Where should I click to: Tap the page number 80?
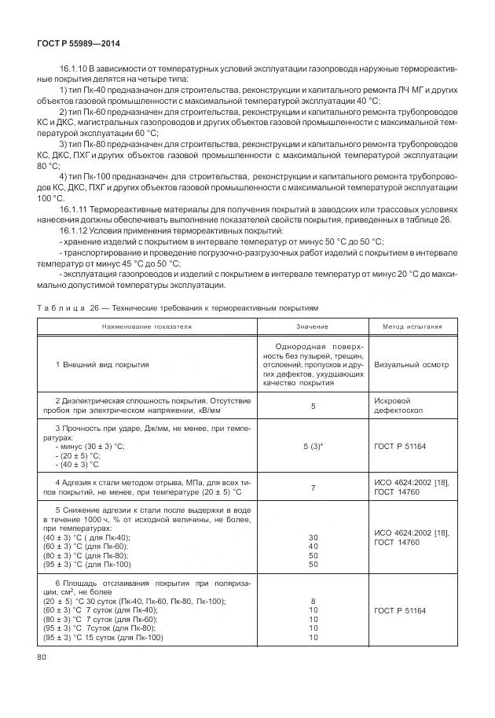(42, 657)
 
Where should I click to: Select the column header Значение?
(312, 326)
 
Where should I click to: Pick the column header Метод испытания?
(412, 326)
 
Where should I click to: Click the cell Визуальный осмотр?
(411, 365)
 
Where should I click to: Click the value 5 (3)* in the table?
(312, 446)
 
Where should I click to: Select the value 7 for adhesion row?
(312, 488)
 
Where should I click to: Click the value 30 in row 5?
(312, 536)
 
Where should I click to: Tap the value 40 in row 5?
(312, 546)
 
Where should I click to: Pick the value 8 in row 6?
(312, 600)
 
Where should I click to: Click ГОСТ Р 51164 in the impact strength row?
(401, 446)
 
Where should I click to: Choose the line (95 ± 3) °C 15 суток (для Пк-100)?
(103, 638)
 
